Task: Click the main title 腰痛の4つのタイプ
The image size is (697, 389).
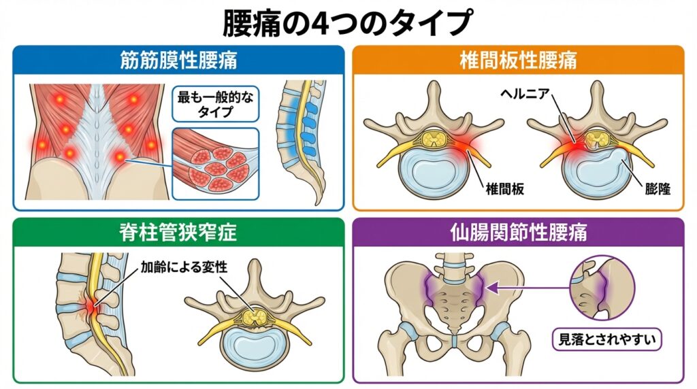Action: tap(347, 23)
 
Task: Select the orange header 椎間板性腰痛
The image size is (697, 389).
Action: tap(518, 60)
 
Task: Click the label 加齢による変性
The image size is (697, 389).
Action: tap(183, 267)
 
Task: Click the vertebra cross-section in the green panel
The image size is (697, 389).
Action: tap(256, 320)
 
